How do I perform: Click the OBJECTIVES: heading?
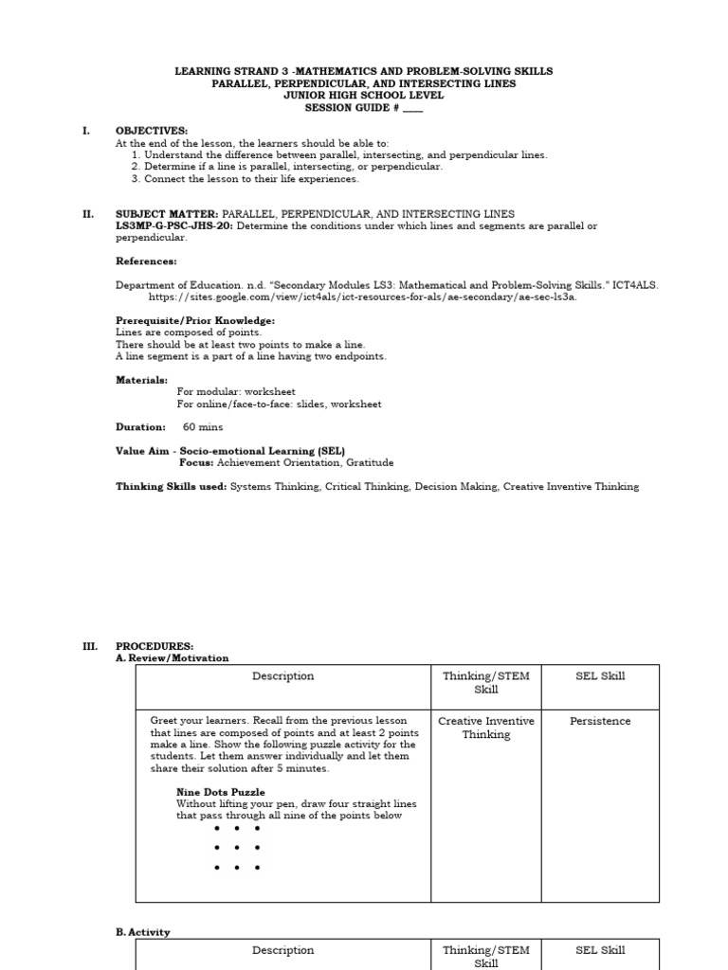click(x=152, y=131)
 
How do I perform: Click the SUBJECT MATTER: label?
click(x=167, y=214)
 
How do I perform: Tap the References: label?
click(x=146, y=261)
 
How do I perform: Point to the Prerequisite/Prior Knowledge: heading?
click(x=195, y=320)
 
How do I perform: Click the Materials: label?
click(x=141, y=380)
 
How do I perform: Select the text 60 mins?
click(x=203, y=427)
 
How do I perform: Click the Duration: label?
click(x=140, y=427)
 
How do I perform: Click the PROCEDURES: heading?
click(x=155, y=646)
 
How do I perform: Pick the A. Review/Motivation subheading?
click(x=172, y=658)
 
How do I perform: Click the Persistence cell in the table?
click(x=600, y=722)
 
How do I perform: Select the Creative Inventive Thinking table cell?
click(x=486, y=727)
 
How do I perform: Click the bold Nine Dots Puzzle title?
click(x=221, y=792)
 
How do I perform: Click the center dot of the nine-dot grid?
click(x=237, y=848)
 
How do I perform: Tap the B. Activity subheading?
click(x=143, y=932)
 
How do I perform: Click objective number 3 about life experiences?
click(x=246, y=178)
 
